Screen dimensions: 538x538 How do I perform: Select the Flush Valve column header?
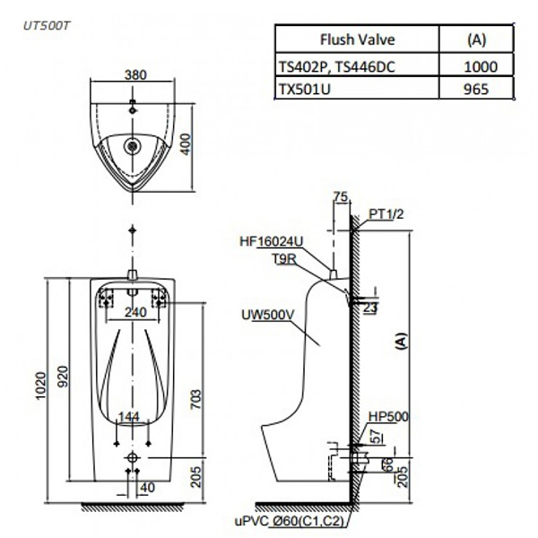(357, 40)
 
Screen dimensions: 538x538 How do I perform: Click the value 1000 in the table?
(479, 65)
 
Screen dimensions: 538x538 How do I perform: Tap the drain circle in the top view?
(135, 143)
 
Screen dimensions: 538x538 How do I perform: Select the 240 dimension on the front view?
(135, 313)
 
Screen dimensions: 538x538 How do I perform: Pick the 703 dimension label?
(195, 395)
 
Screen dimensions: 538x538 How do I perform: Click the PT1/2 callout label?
(386, 214)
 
